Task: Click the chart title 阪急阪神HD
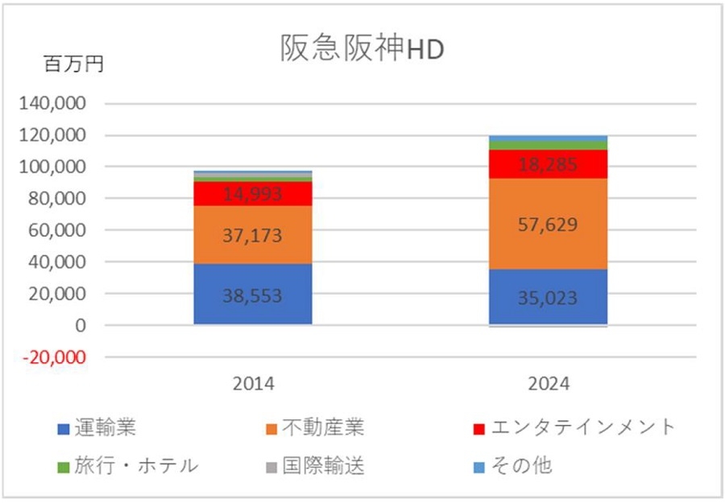click(362, 50)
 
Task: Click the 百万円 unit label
click(73, 65)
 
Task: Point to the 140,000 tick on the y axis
click(57, 104)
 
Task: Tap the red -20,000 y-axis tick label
click(57, 357)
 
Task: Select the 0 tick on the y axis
click(81, 326)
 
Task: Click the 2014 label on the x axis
click(253, 385)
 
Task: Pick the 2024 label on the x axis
click(549, 385)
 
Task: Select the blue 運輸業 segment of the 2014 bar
click(253, 311)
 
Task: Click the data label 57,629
click(549, 225)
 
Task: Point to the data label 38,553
click(253, 295)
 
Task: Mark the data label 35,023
click(549, 299)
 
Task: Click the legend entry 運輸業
click(108, 427)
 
